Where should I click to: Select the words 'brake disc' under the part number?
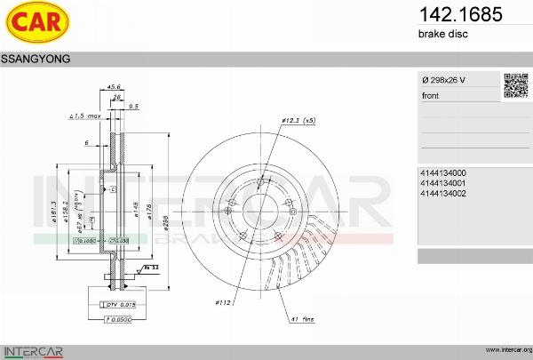[442, 34]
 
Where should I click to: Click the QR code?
[516, 85]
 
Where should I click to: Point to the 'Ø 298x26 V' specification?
[443, 81]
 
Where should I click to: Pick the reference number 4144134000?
[443, 172]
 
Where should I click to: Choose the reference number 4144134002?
[443, 193]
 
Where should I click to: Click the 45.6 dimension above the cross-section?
[114, 86]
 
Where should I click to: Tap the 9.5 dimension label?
[133, 106]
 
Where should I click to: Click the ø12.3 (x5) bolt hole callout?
[298, 118]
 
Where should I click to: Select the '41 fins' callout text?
[302, 318]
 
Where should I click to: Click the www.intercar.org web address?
[508, 349]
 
